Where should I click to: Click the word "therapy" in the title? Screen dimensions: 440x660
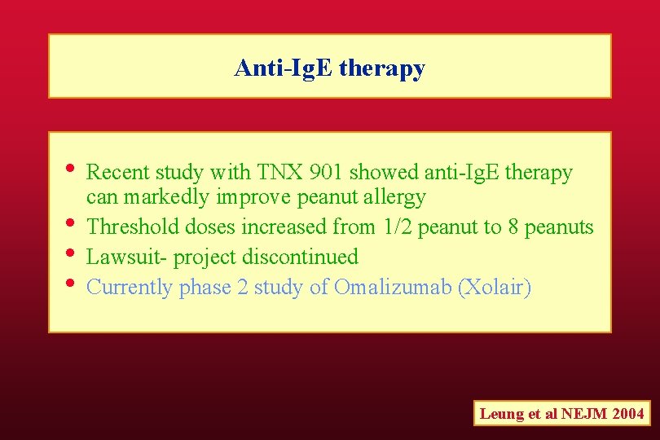coord(381,69)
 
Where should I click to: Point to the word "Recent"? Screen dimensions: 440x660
coord(117,173)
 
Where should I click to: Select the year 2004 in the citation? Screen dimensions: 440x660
coord(627,414)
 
